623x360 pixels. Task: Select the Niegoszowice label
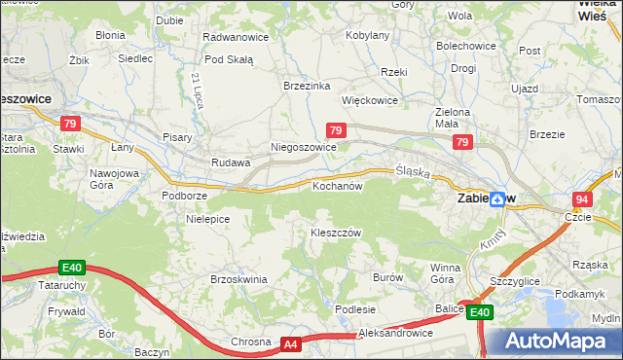coord(303,148)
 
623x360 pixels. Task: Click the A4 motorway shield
coord(291,344)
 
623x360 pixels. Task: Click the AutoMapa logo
coord(554,342)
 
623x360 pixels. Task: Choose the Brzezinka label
coord(307,85)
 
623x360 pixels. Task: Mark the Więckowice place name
coord(369,99)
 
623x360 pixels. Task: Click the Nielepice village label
coord(207,219)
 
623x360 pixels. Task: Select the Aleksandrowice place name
coord(395,333)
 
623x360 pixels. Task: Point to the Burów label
coord(387,277)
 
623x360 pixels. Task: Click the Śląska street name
coord(413,171)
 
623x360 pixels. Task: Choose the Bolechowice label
coord(464,46)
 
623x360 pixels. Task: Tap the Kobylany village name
coord(368,36)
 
